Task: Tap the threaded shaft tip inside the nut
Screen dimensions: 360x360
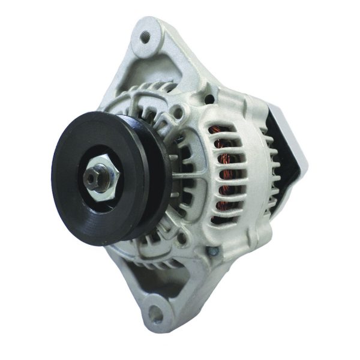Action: click(x=93, y=177)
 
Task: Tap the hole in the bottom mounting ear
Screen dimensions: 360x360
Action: click(x=155, y=313)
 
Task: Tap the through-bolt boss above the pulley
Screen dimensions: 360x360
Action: click(x=178, y=111)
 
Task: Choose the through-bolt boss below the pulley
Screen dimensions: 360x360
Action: click(x=181, y=239)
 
